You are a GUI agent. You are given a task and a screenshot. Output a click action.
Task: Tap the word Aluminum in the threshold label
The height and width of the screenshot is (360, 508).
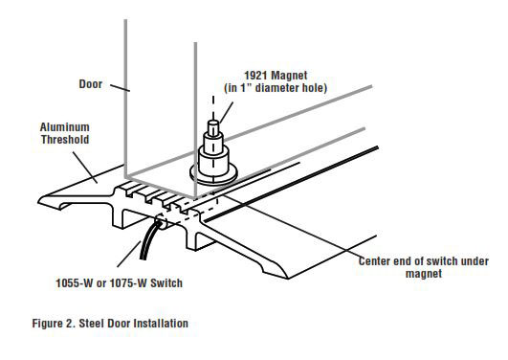(x=64, y=125)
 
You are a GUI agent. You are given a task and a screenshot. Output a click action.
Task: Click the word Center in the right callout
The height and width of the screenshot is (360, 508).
(x=376, y=260)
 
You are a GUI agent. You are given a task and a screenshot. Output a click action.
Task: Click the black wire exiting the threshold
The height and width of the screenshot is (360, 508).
(x=144, y=246)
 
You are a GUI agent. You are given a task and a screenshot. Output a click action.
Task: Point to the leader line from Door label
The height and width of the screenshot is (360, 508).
(x=121, y=89)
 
